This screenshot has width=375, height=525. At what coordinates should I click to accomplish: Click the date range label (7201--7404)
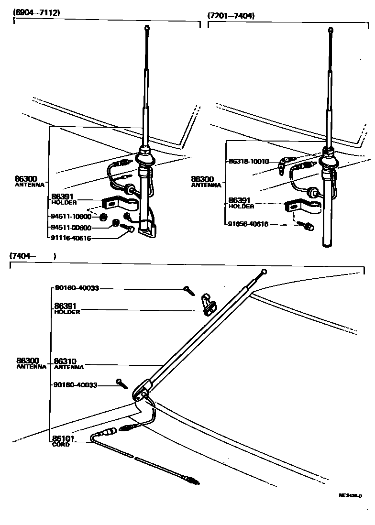point(231,15)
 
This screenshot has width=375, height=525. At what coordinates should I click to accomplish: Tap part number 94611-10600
point(71,217)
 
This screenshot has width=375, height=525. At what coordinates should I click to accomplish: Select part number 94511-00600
point(71,228)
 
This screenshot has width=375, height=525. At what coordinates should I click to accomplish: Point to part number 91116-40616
point(71,238)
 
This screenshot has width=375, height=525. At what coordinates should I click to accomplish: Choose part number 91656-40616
point(248,224)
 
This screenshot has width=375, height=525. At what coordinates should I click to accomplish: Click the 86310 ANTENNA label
point(69,364)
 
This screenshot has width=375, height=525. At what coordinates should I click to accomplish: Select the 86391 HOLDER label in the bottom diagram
point(66,308)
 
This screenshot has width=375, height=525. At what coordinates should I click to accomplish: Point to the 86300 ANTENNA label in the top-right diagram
point(206,181)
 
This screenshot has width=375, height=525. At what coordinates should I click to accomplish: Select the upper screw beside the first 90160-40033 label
point(187,289)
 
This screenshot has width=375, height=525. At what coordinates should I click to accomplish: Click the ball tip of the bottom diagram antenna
point(265,272)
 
